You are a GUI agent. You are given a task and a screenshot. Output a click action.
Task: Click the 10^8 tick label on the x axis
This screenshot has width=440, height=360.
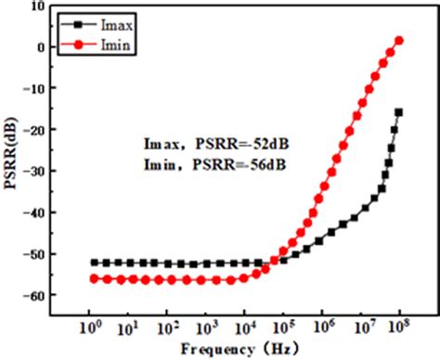click(400, 327)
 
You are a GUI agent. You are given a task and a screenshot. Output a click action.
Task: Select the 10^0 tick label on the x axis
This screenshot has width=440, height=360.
click(91, 327)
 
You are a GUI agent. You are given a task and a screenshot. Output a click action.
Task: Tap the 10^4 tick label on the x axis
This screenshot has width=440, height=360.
click(246, 327)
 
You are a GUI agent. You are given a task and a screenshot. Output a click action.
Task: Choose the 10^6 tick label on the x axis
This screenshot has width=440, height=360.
click(323, 327)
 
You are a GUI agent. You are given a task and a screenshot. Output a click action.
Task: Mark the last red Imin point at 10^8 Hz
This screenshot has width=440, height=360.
click(399, 40)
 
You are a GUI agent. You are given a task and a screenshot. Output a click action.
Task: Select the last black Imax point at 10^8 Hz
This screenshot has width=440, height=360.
click(399, 112)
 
